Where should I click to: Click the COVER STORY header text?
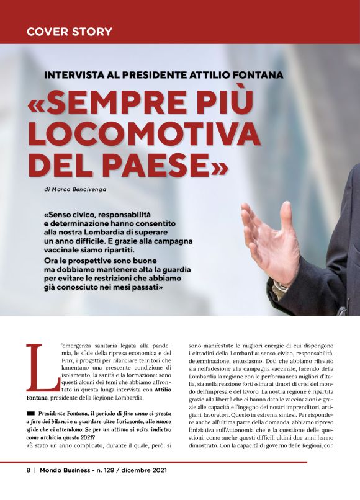click(x=70, y=31)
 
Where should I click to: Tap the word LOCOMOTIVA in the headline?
click(x=144, y=133)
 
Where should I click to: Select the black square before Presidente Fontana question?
click(x=30, y=414)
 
